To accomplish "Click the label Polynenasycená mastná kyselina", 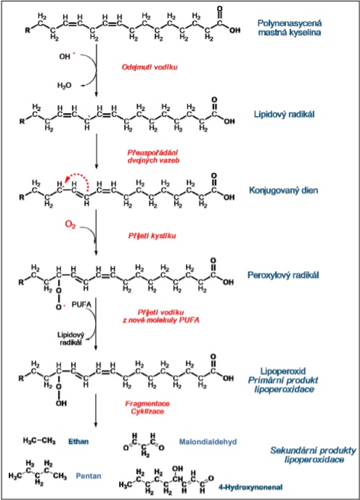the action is tap(290, 28).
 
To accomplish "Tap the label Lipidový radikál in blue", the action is tap(284, 114).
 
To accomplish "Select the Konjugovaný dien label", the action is tap(284, 190).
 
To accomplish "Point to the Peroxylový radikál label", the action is tap(283, 275).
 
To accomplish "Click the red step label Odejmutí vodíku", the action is tap(150, 67).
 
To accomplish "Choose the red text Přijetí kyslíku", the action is tap(152, 236).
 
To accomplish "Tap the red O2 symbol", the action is tap(70, 224).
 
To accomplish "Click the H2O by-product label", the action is tap(64, 85).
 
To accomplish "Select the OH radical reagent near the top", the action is tap(67, 56).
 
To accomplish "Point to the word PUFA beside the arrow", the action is tap(81, 305).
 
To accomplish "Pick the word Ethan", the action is tap(78, 442).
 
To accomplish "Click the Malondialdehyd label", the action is tap(208, 442).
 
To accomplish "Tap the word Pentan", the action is tap(89, 476).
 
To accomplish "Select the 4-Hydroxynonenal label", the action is tap(250, 487).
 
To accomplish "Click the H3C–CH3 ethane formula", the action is tap(39, 441).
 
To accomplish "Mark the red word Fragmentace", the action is tap(147, 403).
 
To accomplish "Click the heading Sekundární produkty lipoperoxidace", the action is tap(313, 455).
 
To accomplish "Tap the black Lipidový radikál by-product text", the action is tap(70, 338).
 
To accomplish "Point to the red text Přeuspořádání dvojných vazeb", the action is tap(153, 156).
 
